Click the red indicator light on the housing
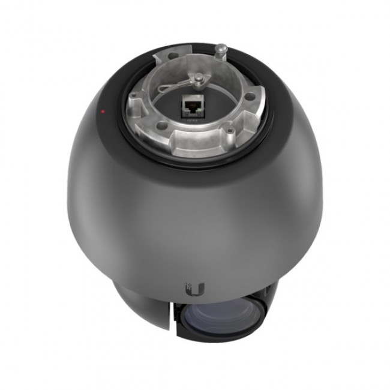pos(103,112)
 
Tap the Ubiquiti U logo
pos(196,290)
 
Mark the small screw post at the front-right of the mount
pos(229,128)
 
